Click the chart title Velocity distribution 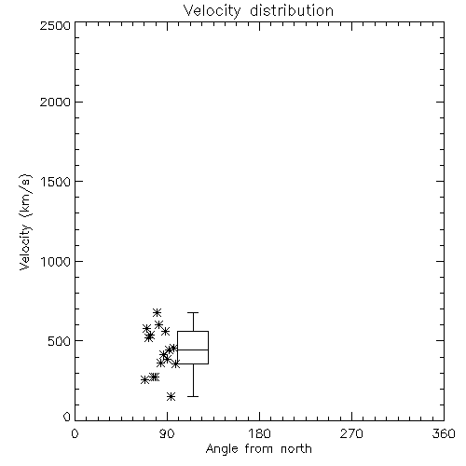(258, 11)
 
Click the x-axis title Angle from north (258, 448)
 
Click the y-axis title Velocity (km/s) (25, 222)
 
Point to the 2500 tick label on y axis (55, 25)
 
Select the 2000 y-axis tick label (55, 102)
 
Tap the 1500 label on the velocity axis (56, 182)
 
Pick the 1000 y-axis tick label (56, 261)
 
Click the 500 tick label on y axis (60, 341)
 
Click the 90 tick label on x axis (167, 433)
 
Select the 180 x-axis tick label (259, 433)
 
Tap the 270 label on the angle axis (351, 433)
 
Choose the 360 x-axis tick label (444, 433)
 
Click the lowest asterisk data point (171, 396)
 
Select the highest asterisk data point (157, 312)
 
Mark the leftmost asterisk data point (144, 379)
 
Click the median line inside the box (193, 349)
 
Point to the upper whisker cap (193, 312)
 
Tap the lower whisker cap (193, 396)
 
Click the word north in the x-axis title (296, 448)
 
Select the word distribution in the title (292, 11)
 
